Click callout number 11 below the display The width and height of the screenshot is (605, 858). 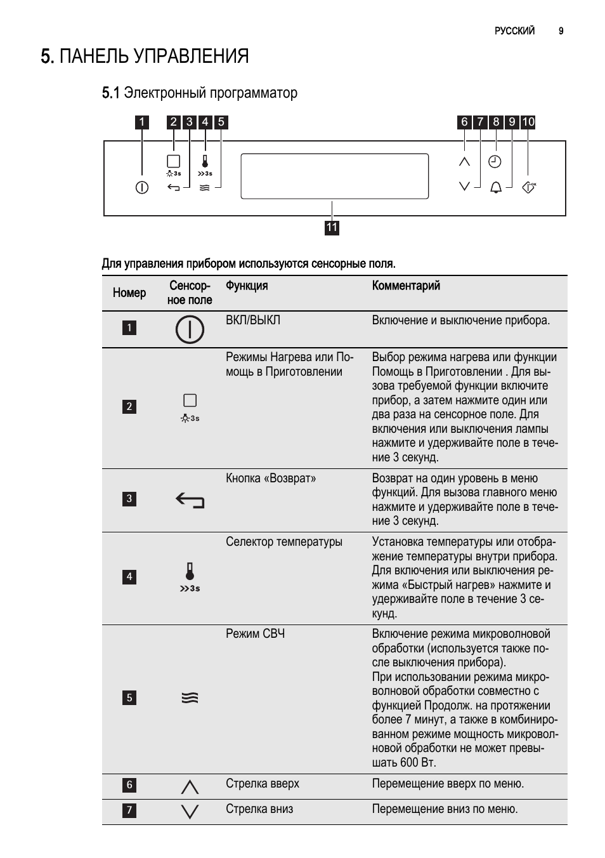(x=332, y=228)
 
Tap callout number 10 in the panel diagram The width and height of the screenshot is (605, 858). (x=528, y=122)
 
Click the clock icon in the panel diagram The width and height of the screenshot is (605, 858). (x=495, y=162)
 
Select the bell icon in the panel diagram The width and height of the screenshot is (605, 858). (x=496, y=187)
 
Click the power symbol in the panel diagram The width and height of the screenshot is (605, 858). (x=142, y=188)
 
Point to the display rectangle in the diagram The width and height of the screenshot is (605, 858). (x=334, y=176)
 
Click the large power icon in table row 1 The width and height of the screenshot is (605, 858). (x=190, y=329)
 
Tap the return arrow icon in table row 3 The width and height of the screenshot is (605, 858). (x=190, y=501)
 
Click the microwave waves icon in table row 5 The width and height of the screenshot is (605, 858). (x=190, y=698)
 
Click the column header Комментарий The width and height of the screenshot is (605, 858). (x=406, y=286)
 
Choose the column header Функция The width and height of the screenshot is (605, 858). (x=247, y=286)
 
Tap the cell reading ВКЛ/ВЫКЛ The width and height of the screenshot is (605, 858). (x=253, y=320)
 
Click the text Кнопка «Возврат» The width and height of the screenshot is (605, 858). (x=271, y=478)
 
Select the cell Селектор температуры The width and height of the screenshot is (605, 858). (x=284, y=541)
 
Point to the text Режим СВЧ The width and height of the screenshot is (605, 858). (x=255, y=633)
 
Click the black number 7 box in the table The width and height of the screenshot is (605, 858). (x=129, y=810)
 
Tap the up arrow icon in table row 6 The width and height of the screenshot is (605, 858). (x=190, y=787)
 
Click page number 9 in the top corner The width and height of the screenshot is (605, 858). (x=561, y=30)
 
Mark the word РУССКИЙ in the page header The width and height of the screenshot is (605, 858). (x=514, y=30)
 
